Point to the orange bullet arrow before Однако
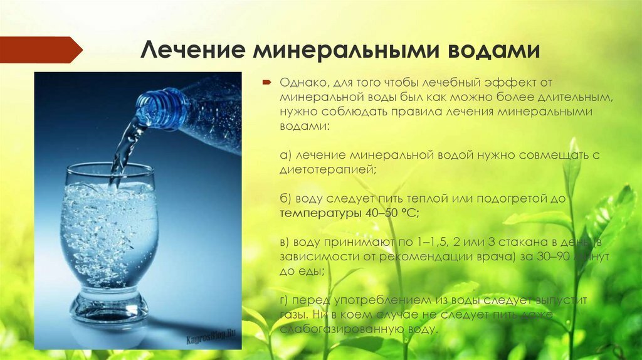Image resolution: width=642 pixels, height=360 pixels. [266, 82]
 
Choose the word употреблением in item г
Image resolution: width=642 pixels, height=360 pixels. [382, 301]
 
